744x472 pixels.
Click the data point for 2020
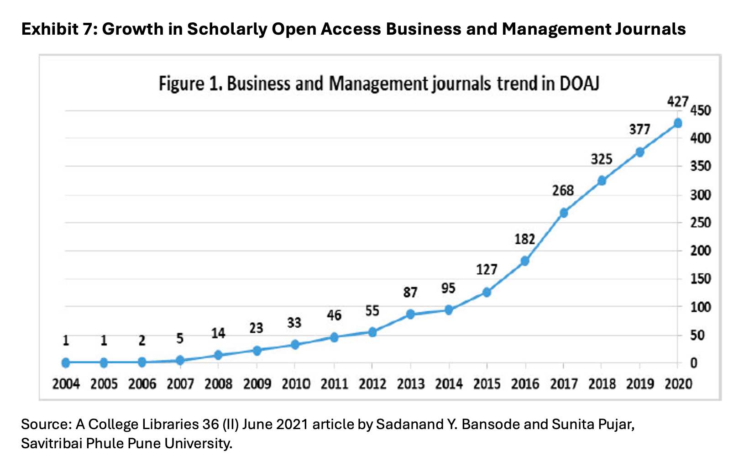pos(677,123)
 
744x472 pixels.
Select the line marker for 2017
pos(563,213)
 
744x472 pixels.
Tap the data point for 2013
pos(410,314)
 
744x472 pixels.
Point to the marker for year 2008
pos(218,355)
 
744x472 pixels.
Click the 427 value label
pos(677,102)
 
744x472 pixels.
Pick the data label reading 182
pos(525,239)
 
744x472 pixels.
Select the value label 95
pos(448,288)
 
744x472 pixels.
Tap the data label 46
pos(334,315)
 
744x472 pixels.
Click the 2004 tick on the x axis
pos(66,384)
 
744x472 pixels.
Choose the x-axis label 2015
pos(487,384)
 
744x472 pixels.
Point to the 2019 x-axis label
pos(640,384)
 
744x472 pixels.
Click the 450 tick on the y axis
pos(701,110)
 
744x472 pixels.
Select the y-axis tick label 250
pos(701,223)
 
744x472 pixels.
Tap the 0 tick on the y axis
pos(693,363)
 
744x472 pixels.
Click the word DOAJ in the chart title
pos(580,84)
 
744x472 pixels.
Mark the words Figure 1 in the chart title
pos(191,84)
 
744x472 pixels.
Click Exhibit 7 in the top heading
pos(59,29)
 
